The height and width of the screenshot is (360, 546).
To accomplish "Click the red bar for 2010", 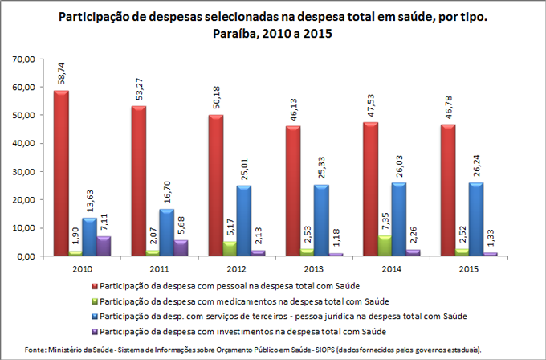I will [61, 173].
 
